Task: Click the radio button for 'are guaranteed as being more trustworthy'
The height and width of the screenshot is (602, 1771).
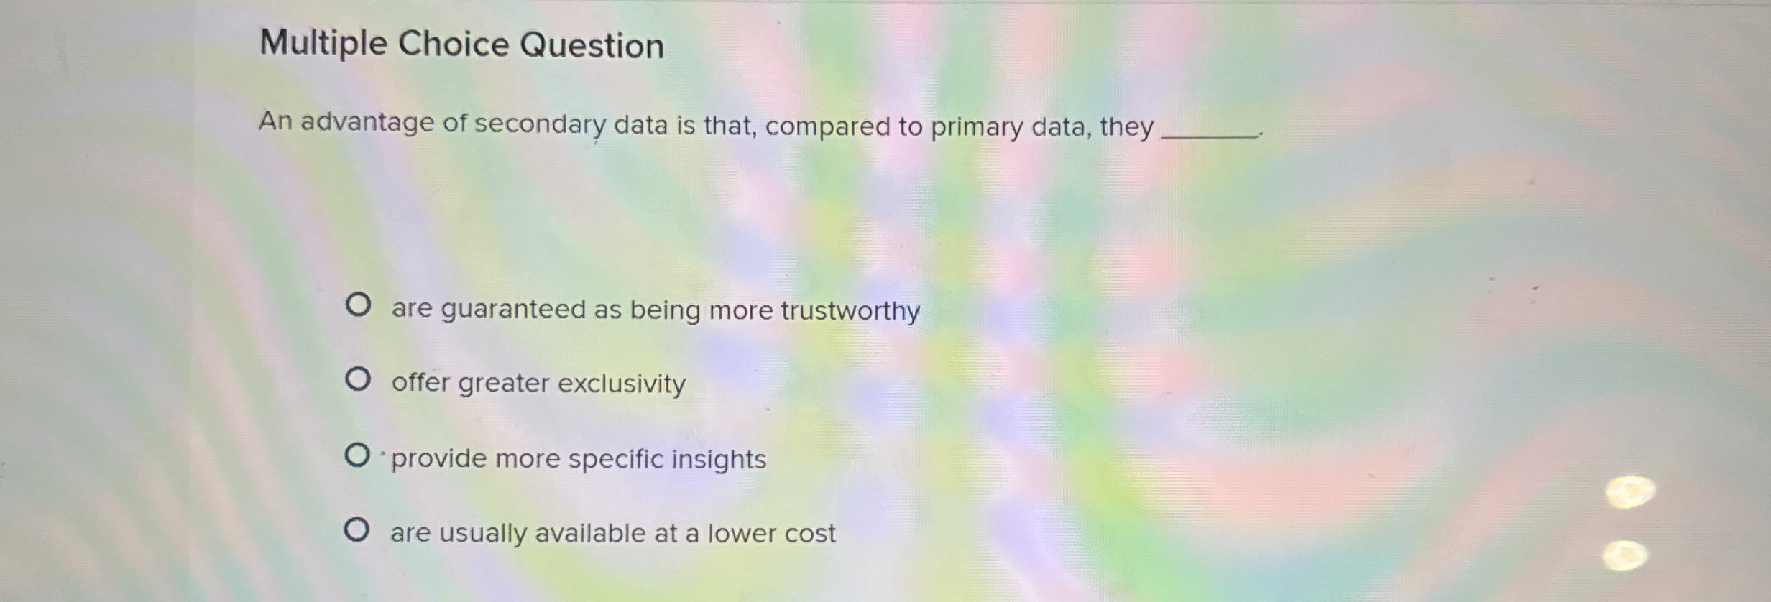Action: tap(358, 305)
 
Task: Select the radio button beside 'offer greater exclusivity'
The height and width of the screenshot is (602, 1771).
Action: tap(358, 379)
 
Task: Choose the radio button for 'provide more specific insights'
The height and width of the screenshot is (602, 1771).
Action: tap(357, 455)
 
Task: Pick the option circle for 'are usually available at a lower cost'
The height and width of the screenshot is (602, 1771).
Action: tap(356, 530)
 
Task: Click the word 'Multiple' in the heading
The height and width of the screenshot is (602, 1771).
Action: tap(323, 43)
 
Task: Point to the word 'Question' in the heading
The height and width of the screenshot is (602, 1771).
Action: tap(592, 45)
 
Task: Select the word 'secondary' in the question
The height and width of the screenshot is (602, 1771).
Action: tap(540, 125)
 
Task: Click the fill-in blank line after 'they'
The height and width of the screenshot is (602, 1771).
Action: tap(1210, 134)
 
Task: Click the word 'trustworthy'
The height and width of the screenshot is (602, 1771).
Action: tap(850, 311)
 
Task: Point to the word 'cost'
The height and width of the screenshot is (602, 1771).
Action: tap(810, 534)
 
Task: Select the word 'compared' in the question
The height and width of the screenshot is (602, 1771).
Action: tap(827, 127)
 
